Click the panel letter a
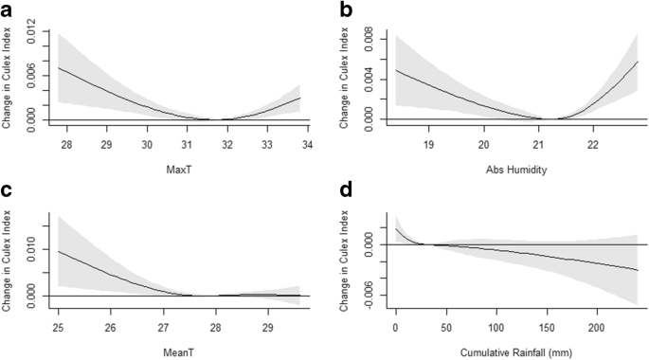(8, 9)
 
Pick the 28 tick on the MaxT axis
(65, 146)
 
